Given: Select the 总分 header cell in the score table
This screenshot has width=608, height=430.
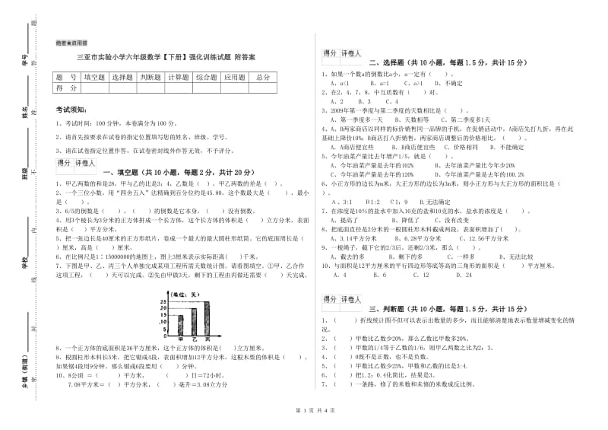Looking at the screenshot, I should click(262, 77).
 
